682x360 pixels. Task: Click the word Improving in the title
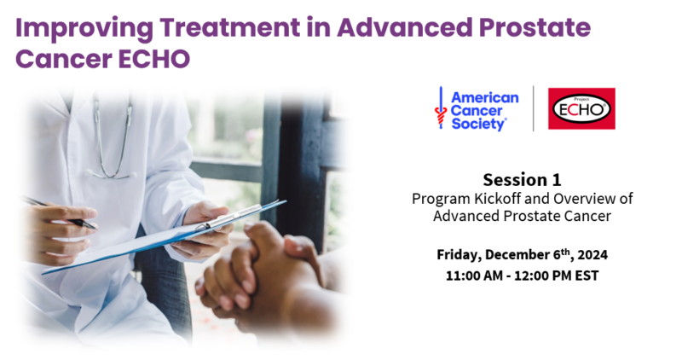pos(84,28)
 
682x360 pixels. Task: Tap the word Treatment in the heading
pos(229,27)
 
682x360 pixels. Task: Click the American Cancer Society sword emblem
pos(441,107)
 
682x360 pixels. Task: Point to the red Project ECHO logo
pos(581,108)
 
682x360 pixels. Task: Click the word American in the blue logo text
pos(485,97)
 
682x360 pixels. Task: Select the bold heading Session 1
pos(522,180)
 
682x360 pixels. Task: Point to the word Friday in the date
pos(459,255)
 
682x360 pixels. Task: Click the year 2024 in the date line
pos(592,255)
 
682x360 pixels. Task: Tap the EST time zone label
pos(587,276)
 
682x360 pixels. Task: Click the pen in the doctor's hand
pos(60,214)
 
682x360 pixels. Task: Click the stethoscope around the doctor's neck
pos(113,139)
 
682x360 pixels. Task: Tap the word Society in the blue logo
pos(478,124)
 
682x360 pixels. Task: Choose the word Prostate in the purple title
pos(535,27)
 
